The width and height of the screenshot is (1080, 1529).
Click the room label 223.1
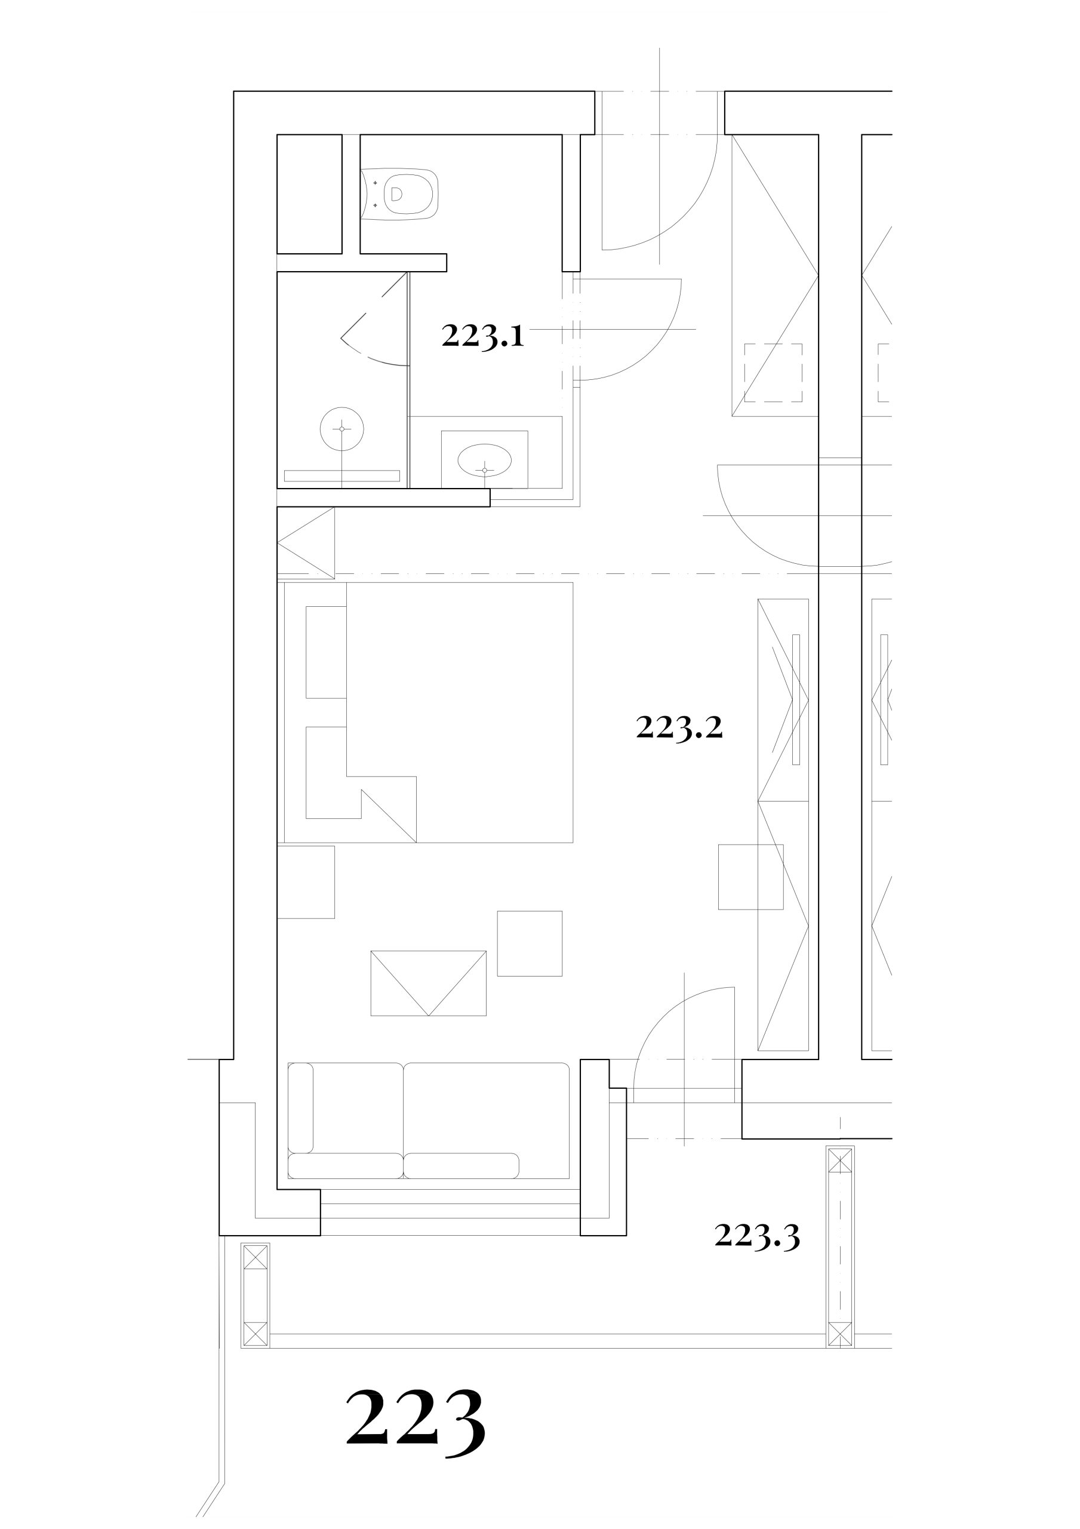coord(483,336)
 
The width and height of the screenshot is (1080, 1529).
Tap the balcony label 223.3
coord(756,1236)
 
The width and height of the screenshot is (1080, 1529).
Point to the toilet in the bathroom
coord(400,194)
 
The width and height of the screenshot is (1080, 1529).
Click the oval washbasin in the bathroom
coord(485,459)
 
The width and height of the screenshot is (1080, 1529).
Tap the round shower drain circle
coord(342,429)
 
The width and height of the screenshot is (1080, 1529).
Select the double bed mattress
coord(460,713)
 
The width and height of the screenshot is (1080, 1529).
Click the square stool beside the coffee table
coord(530,944)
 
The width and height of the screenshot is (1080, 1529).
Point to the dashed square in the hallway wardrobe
coord(773,372)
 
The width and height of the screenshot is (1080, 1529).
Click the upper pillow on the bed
coord(326,652)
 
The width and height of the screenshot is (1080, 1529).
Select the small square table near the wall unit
coord(750,877)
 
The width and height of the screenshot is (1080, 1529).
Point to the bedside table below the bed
coord(306,882)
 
